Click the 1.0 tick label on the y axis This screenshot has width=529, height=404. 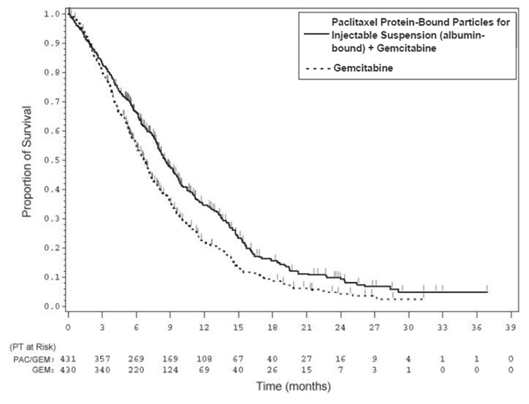coord(52,15)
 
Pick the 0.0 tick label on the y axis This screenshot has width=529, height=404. coord(52,306)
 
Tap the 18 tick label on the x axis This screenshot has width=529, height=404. coord(272,326)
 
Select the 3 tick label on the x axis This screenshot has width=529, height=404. coord(102,326)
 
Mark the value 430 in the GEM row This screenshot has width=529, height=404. coord(68,369)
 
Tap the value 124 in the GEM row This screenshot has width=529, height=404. coord(170,369)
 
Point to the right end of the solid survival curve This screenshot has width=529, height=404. coord(487,292)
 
